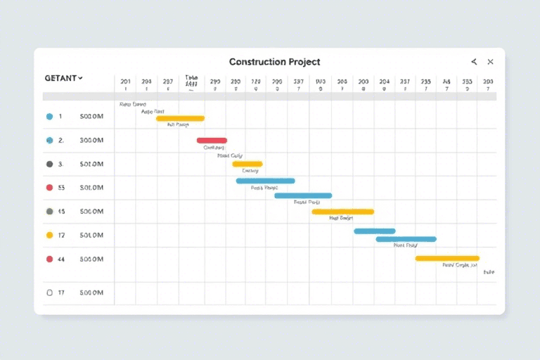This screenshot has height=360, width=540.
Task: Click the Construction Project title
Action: [274, 62]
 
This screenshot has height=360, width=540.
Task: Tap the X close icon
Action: [490, 62]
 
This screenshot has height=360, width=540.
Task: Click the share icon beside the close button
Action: [474, 62]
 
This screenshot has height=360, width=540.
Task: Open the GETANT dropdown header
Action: [63, 78]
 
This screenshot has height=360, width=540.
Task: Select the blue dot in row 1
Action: [49, 117]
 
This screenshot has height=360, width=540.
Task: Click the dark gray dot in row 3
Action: [49, 164]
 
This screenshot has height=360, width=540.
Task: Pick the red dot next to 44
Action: [49, 259]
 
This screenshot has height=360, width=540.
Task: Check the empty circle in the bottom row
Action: [49, 292]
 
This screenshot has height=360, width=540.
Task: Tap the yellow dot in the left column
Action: [49, 235]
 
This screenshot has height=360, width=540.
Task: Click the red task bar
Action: [212, 141]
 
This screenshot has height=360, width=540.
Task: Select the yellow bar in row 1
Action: [180, 118]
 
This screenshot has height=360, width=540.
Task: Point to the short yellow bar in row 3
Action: [247, 164]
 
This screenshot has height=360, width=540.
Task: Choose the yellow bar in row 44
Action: [446, 258]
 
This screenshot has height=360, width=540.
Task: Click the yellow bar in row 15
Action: [342, 211]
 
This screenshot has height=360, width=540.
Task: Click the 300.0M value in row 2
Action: [91, 141]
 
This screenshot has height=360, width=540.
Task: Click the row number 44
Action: [61, 259]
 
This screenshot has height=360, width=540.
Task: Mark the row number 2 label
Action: [61, 141]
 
